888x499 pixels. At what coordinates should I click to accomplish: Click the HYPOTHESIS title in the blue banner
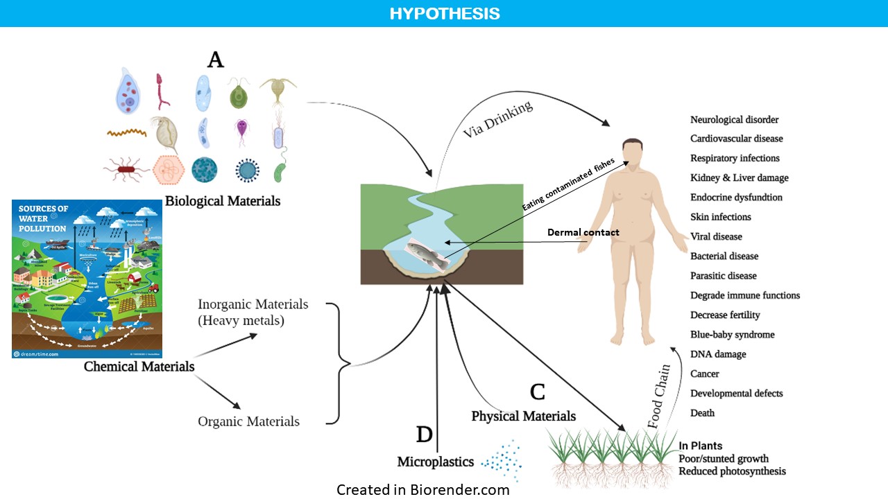444,14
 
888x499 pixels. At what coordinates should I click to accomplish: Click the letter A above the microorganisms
216,60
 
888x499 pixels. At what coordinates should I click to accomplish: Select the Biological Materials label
223,201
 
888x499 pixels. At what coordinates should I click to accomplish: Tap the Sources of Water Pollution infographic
87,279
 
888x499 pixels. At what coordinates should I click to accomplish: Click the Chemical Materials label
139,366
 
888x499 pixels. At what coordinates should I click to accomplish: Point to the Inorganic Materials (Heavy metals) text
253,313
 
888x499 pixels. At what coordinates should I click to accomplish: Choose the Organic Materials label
248,421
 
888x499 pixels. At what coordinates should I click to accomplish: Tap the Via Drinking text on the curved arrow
498,119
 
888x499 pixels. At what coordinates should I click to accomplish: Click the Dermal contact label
583,232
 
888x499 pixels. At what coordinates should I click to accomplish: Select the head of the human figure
631,152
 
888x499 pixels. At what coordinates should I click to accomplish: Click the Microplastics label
435,462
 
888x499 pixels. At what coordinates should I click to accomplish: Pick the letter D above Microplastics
424,435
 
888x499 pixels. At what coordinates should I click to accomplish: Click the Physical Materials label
523,417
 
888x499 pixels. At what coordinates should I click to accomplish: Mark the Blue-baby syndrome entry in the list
732,335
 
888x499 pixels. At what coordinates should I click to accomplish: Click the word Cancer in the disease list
704,374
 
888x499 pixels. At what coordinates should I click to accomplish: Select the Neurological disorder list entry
734,120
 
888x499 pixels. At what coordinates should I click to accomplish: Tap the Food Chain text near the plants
658,397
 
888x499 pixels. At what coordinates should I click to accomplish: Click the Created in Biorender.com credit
422,490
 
